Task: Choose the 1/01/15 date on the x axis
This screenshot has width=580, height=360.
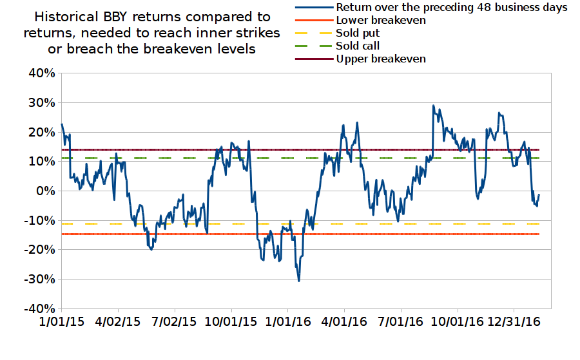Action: [x=61, y=320]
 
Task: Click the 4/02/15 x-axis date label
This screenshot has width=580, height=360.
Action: [x=119, y=320]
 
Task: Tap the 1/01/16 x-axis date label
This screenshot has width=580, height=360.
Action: [x=287, y=320]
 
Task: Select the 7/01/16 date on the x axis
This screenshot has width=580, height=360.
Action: [x=400, y=320]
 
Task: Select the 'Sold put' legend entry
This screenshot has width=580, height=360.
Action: [x=357, y=33]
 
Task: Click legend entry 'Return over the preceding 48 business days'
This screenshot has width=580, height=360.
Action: [x=451, y=7]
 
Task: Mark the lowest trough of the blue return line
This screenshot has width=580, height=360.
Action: [x=299, y=281]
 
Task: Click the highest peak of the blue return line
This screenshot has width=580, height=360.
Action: [x=433, y=106]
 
